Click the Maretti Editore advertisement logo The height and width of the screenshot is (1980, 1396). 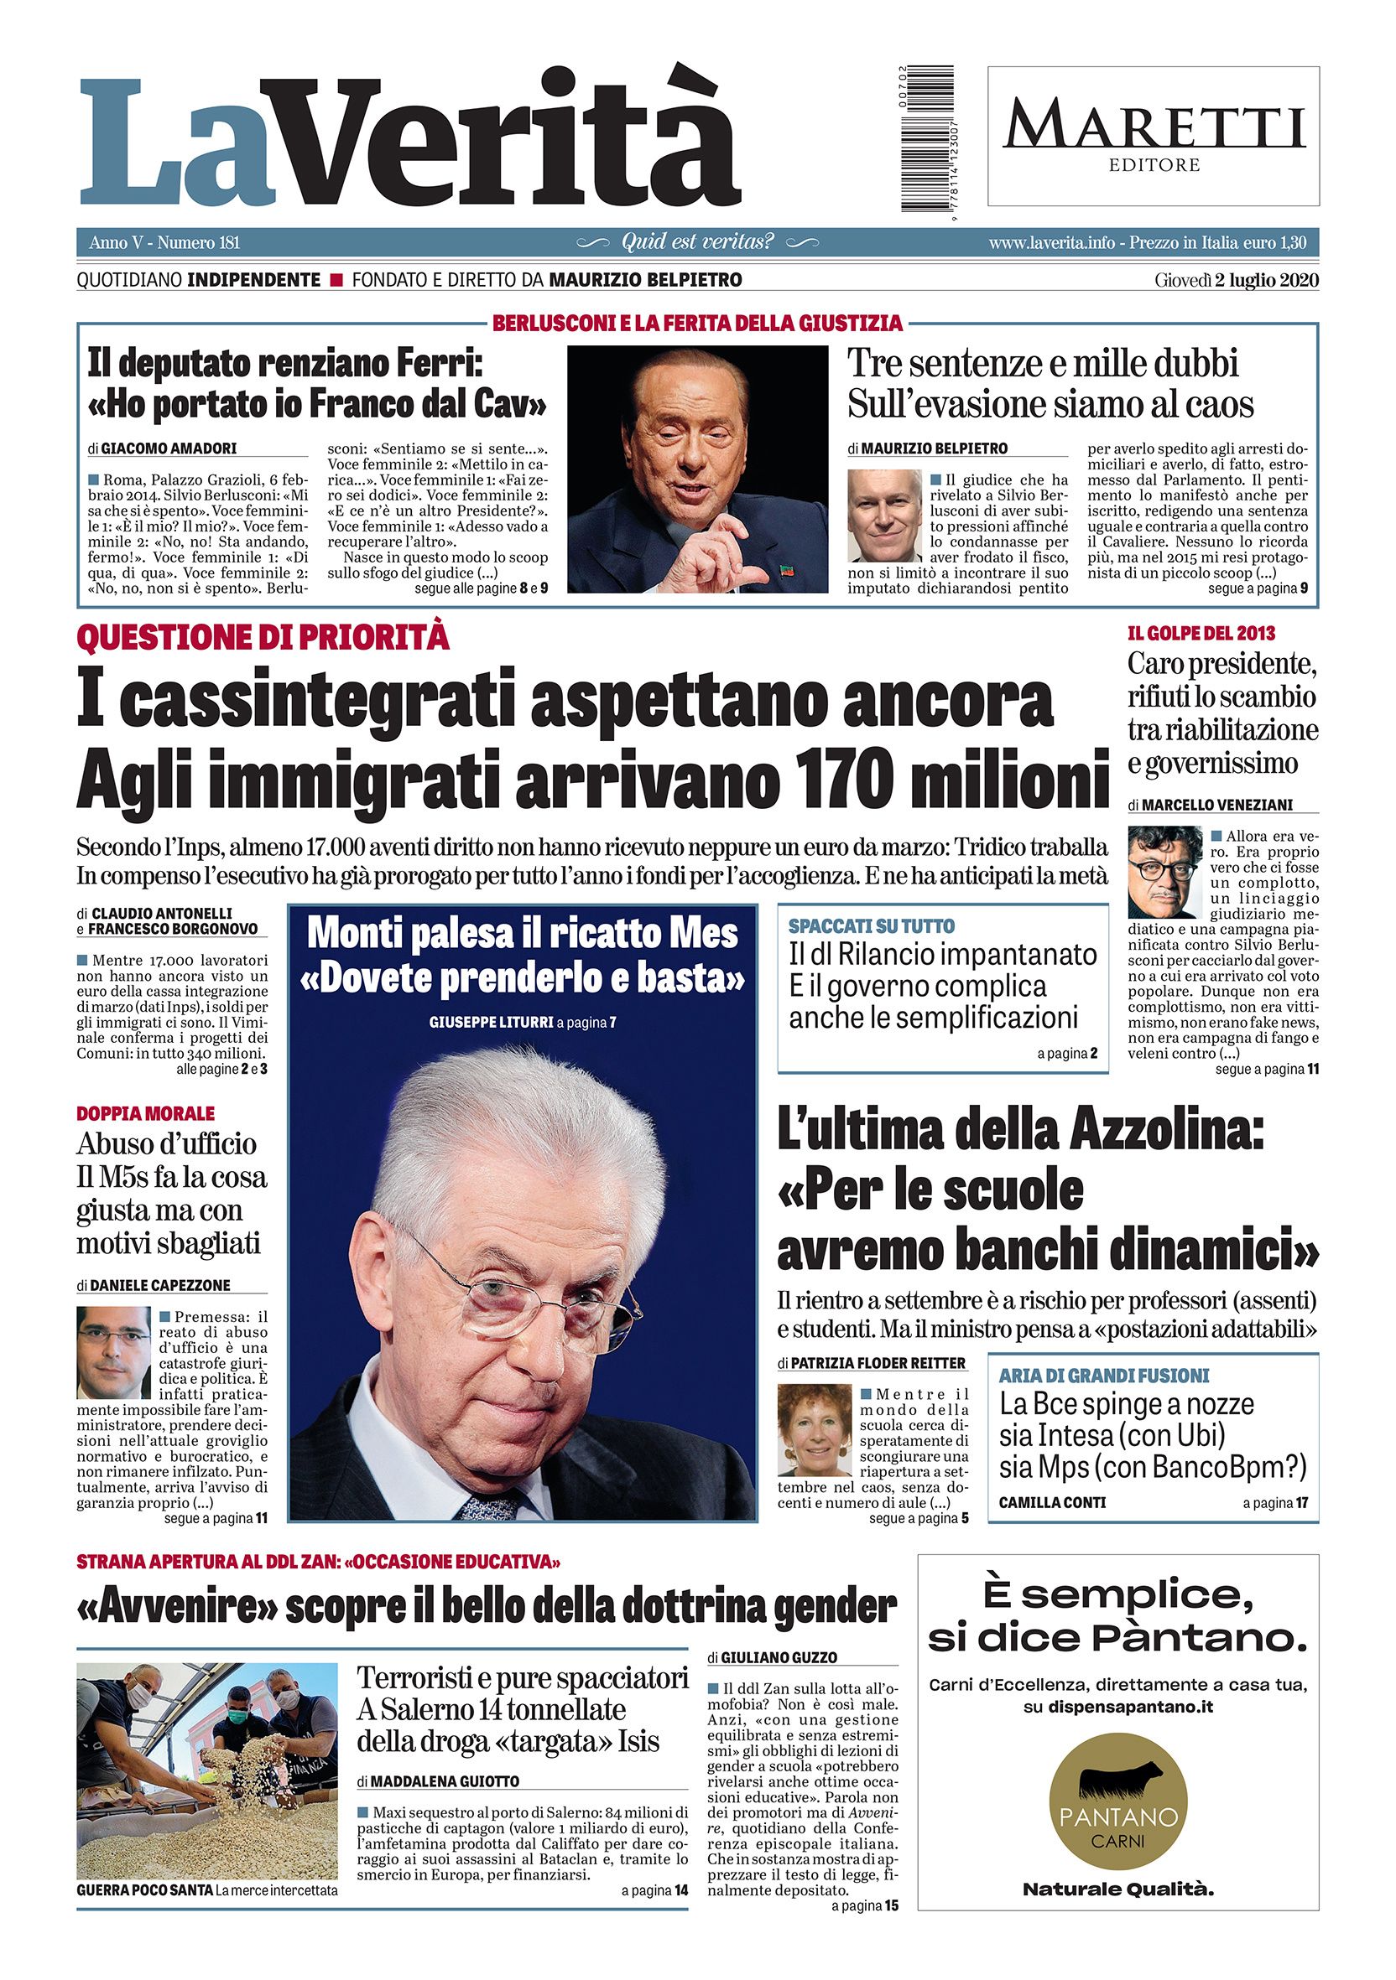pyautogui.click(x=1154, y=137)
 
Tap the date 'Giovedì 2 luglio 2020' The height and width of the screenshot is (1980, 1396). pyautogui.click(x=1237, y=280)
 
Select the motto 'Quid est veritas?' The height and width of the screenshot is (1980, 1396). pyautogui.click(x=697, y=242)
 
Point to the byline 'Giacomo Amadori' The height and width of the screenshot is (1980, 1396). pyautogui.click(x=169, y=448)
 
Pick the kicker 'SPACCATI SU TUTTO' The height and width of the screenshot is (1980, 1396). pyautogui.click(x=872, y=926)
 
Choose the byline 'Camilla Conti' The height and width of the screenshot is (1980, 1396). pyautogui.click(x=1052, y=1502)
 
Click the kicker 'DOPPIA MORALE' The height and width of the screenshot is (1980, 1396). pyautogui.click(x=146, y=1113)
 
